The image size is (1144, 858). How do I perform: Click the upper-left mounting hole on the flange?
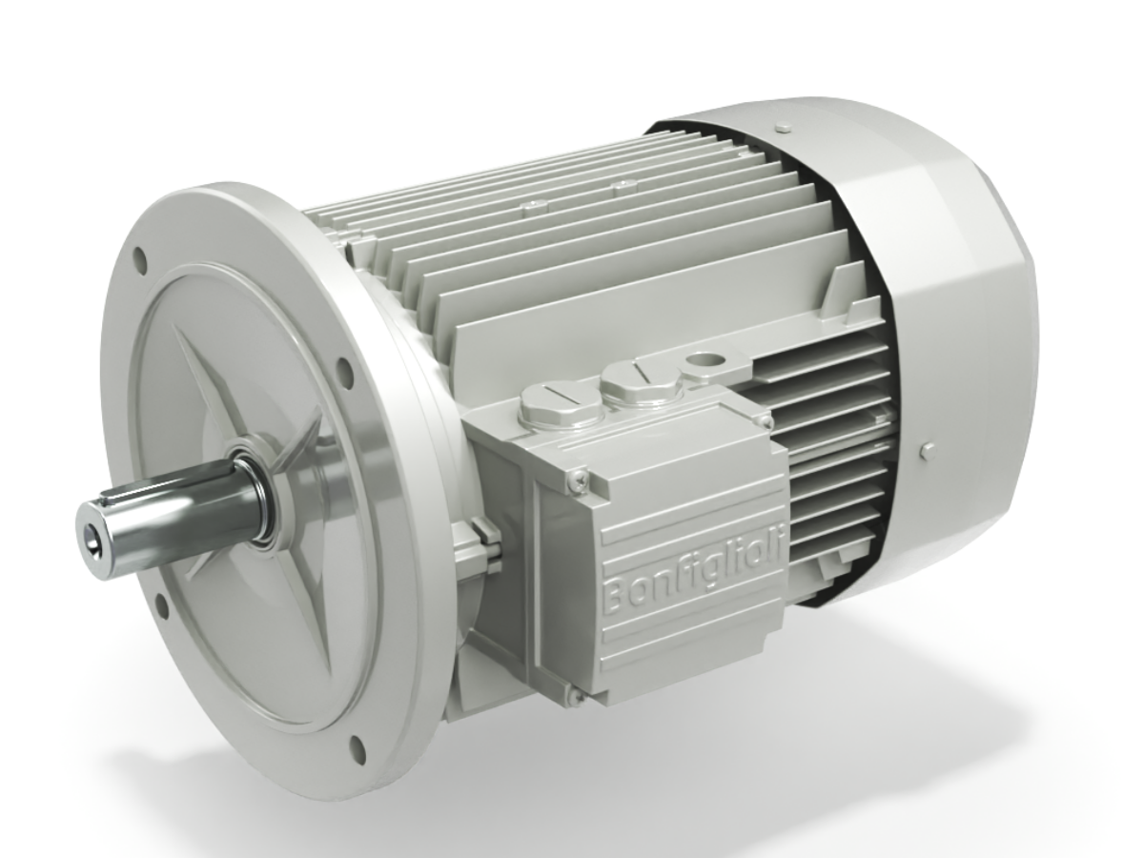click(x=140, y=257)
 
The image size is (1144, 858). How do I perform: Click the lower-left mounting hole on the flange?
click(x=161, y=604)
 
